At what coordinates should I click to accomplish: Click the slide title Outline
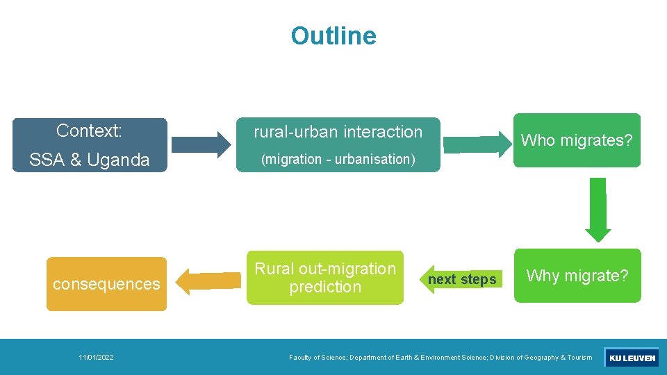(x=333, y=35)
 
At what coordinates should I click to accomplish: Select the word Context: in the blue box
(x=89, y=131)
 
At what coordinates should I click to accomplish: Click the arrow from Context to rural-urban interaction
(x=201, y=144)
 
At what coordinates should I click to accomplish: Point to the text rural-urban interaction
(x=338, y=132)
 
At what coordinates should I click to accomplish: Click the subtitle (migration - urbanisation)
(x=338, y=159)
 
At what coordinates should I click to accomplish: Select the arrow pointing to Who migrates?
(x=475, y=144)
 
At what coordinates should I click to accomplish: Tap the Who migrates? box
(x=577, y=140)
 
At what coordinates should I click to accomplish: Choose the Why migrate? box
(x=577, y=276)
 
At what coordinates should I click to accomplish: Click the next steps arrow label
(x=462, y=279)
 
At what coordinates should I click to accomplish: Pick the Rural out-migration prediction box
(x=324, y=277)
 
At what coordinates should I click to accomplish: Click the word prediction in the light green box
(x=325, y=287)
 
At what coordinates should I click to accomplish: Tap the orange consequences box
(x=106, y=284)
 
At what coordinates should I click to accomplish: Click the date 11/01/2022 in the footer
(x=97, y=358)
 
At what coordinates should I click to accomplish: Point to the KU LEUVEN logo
(x=631, y=358)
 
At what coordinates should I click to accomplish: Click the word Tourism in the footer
(x=579, y=358)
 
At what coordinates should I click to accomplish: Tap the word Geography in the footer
(x=539, y=358)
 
